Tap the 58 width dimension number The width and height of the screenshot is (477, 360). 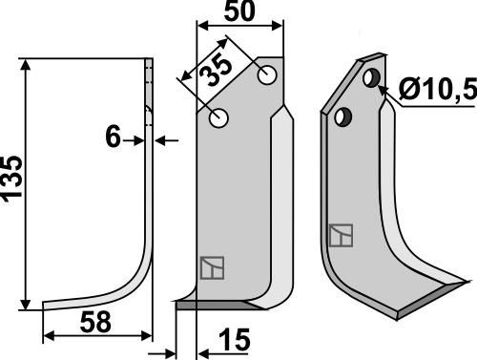coord(95,322)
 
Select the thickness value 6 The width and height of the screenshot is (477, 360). coord(113,137)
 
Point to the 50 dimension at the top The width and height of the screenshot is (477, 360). coord(239,11)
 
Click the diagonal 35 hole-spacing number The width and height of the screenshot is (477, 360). coord(217,71)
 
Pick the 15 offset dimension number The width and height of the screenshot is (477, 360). coord(235,340)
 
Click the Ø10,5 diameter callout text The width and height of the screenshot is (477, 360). coord(438,89)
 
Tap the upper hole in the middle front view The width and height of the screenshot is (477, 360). coord(267,75)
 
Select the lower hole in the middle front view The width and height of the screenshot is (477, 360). coord(218,118)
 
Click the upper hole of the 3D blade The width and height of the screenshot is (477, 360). coord(371,78)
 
